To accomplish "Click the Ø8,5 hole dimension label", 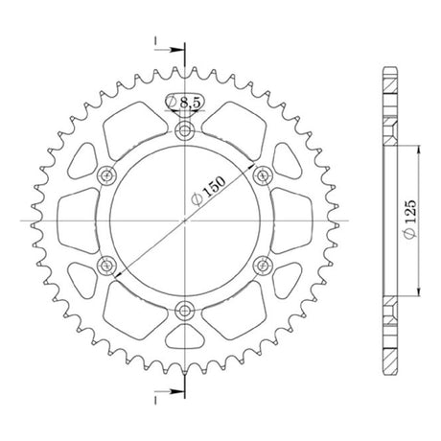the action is (183, 103).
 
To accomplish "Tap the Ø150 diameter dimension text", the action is (208, 191).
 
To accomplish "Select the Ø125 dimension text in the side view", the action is (410, 219).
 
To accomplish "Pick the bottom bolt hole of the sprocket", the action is (184, 310).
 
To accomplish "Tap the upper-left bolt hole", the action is (106, 175).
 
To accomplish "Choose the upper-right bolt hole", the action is (263, 175).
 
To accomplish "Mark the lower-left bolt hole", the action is (106, 265).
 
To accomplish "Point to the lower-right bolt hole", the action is (263, 265).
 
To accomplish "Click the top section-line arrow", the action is (169, 50).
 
